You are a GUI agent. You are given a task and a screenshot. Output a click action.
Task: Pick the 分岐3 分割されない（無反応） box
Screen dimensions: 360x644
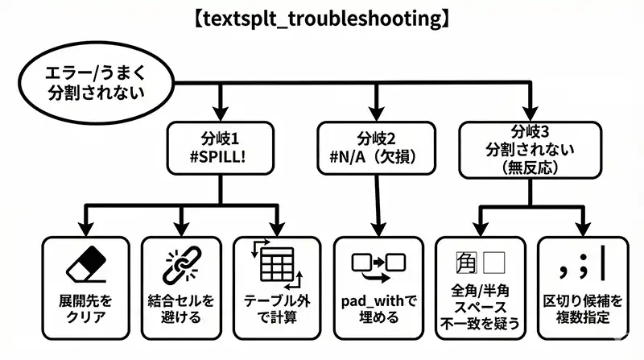click(530, 149)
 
